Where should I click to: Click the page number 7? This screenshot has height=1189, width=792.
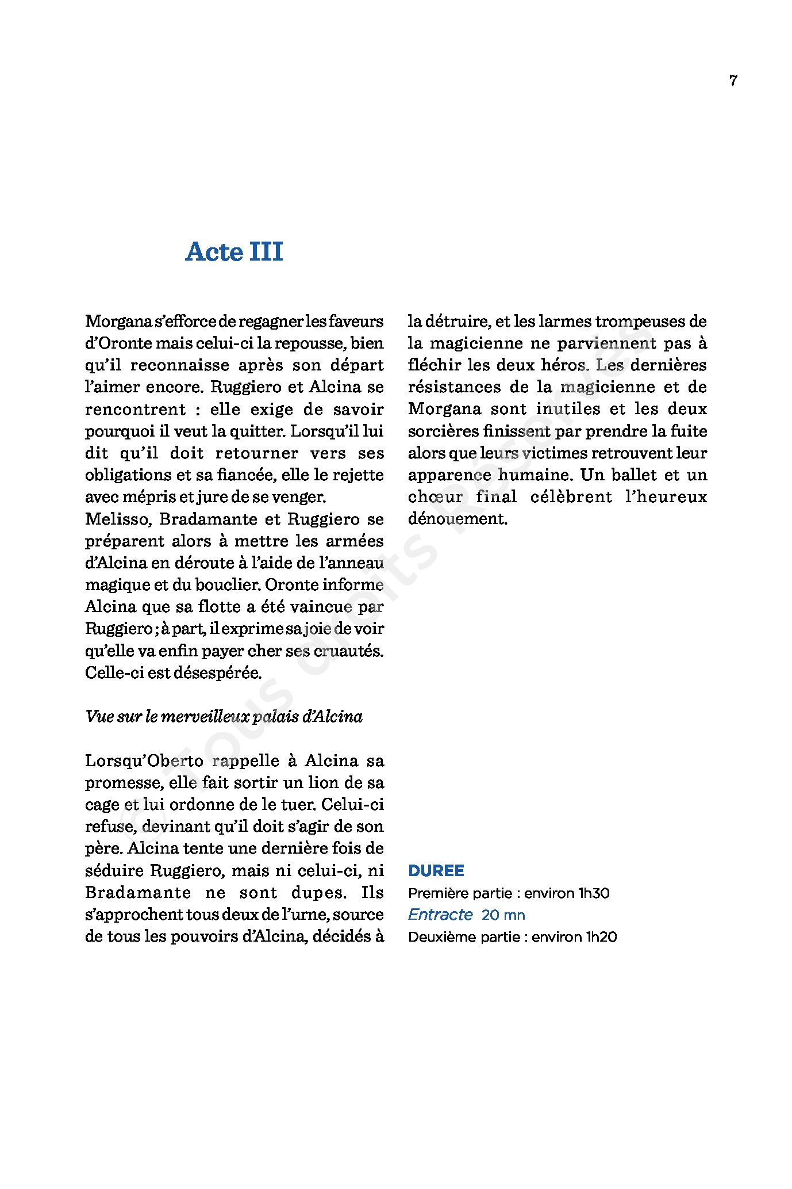(x=733, y=81)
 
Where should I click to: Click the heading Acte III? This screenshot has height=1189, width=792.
(x=234, y=252)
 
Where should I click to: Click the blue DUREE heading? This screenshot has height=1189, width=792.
(x=436, y=871)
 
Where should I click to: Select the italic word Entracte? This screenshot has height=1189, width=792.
(x=440, y=915)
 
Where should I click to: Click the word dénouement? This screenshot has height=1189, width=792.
(x=457, y=519)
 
